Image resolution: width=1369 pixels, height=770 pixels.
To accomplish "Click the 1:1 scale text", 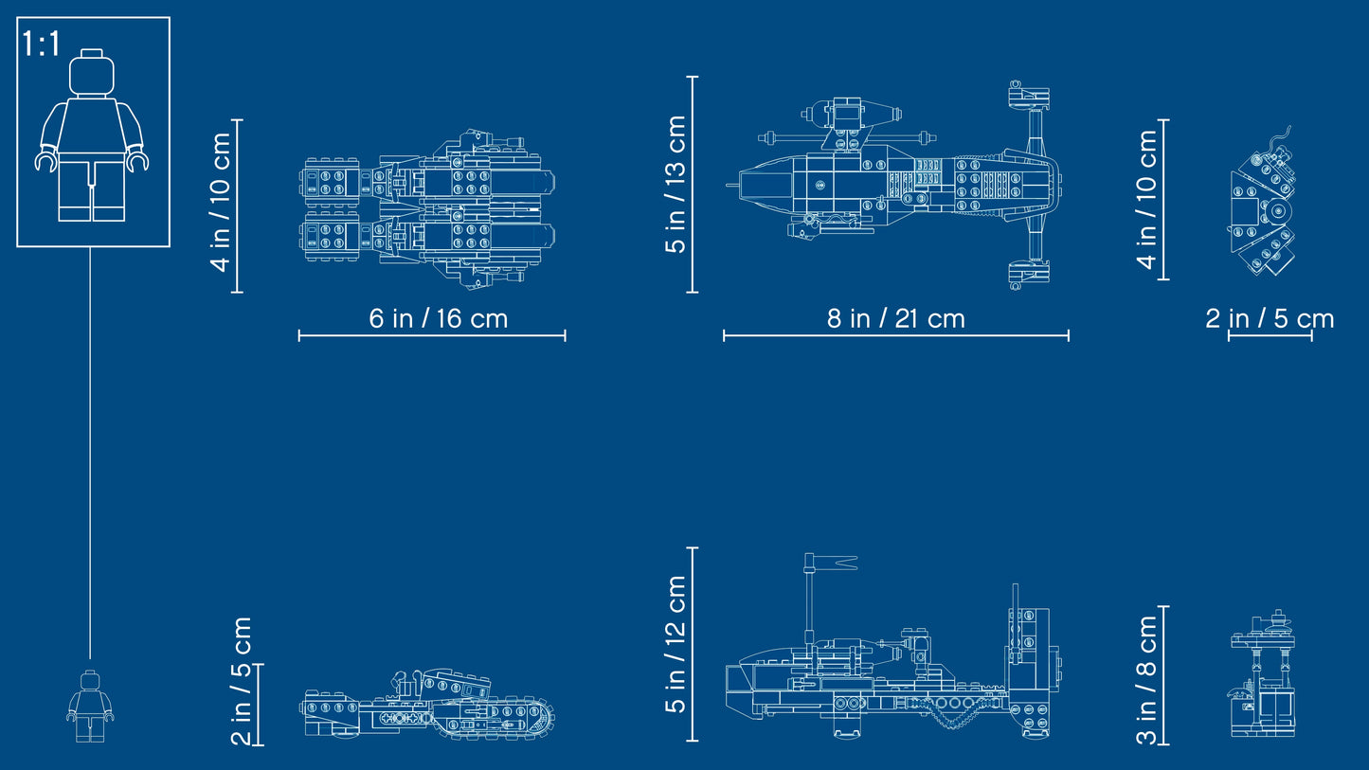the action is pyautogui.click(x=41, y=44).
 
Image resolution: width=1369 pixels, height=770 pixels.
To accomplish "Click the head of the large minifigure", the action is pyautogui.click(x=92, y=72).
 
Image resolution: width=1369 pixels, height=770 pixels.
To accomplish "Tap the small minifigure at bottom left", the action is pyautogui.click(x=90, y=707).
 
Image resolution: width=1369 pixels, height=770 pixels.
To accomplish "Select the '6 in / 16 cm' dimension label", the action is pyautogui.click(x=439, y=319).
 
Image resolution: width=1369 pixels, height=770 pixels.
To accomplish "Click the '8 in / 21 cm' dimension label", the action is pyautogui.click(x=896, y=319).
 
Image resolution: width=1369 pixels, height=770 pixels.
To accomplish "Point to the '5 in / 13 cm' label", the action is pyautogui.click(x=675, y=185).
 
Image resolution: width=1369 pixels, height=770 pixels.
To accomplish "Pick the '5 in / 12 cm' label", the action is pyautogui.click(x=675, y=644).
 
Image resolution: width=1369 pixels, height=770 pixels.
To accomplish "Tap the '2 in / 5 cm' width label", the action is pyautogui.click(x=1270, y=319).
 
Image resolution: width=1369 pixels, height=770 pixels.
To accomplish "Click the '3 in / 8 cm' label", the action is pyautogui.click(x=1146, y=680).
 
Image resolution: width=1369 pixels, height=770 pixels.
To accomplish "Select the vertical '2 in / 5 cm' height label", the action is pyautogui.click(x=242, y=681).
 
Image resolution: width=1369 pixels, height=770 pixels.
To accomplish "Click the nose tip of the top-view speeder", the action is pyautogui.click(x=728, y=185).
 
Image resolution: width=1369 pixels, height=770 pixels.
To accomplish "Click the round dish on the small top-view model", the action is pyautogui.click(x=1278, y=211).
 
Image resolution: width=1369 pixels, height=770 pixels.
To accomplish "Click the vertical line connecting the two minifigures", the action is pyautogui.click(x=90, y=453).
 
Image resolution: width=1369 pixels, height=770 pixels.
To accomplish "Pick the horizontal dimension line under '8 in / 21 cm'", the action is pyautogui.click(x=896, y=335).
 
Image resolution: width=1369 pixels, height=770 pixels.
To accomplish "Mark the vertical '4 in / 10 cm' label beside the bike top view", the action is pyautogui.click(x=220, y=202).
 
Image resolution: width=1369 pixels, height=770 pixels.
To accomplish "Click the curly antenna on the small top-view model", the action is pyautogui.click(x=1282, y=138).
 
